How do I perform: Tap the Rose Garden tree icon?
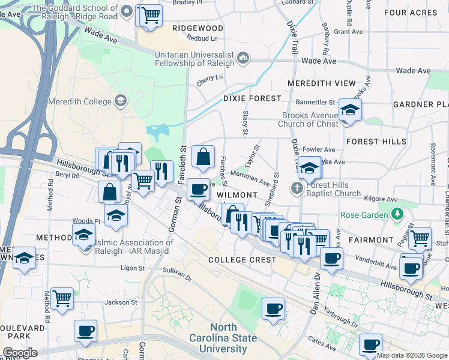pyautogui.click(x=396, y=214)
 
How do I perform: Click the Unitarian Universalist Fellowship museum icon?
pyautogui.click(x=243, y=58)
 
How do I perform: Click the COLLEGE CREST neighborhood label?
pyautogui.click(x=242, y=260)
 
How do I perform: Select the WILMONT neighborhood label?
pyautogui.click(x=237, y=196)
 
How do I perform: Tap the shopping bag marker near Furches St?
pyautogui.click(x=203, y=157)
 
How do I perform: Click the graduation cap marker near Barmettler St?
pyautogui.click(x=349, y=110)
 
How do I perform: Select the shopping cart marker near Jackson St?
pyautogui.click(x=62, y=298)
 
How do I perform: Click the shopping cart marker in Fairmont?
pyautogui.click(x=419, y=238)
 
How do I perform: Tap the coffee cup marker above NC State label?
pyautogui.click(x=273, y=310)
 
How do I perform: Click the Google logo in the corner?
pyautogui.click(x=20, y=353)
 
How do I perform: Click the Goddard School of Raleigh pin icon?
pyautogui.click(x=127, y=11)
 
